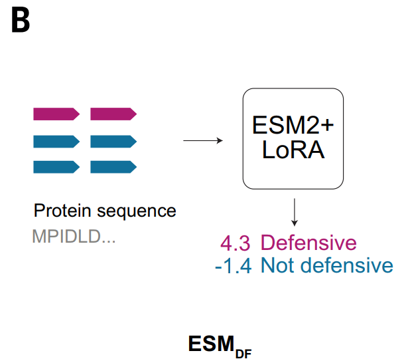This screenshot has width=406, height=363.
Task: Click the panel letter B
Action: coord(21,21)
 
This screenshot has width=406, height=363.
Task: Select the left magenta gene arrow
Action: coord(56,114)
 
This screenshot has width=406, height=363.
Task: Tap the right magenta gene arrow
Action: coord(113,114)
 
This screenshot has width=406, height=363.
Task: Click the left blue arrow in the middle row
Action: coord(56,142)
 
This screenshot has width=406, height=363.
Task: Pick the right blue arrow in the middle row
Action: coord(113,142)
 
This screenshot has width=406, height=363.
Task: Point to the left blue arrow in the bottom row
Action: coord(56,167)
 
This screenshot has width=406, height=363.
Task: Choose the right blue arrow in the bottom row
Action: coord(113,167)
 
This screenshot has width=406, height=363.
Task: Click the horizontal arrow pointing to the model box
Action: coord(203,141)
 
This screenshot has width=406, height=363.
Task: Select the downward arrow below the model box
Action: coord(295,212)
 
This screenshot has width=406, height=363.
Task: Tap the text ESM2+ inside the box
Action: coord(293,126)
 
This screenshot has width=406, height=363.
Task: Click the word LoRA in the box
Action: coord(293,150)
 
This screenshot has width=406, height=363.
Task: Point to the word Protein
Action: coord(62,210)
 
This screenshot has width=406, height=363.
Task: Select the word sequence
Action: coord(137,211)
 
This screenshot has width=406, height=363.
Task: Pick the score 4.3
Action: coord(236,243)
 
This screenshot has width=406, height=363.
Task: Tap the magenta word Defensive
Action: coord(308,243)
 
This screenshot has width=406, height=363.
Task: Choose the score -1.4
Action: coord(234,266)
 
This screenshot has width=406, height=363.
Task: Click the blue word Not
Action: coord(277,265)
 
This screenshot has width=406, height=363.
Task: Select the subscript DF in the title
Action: coord(243,354)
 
